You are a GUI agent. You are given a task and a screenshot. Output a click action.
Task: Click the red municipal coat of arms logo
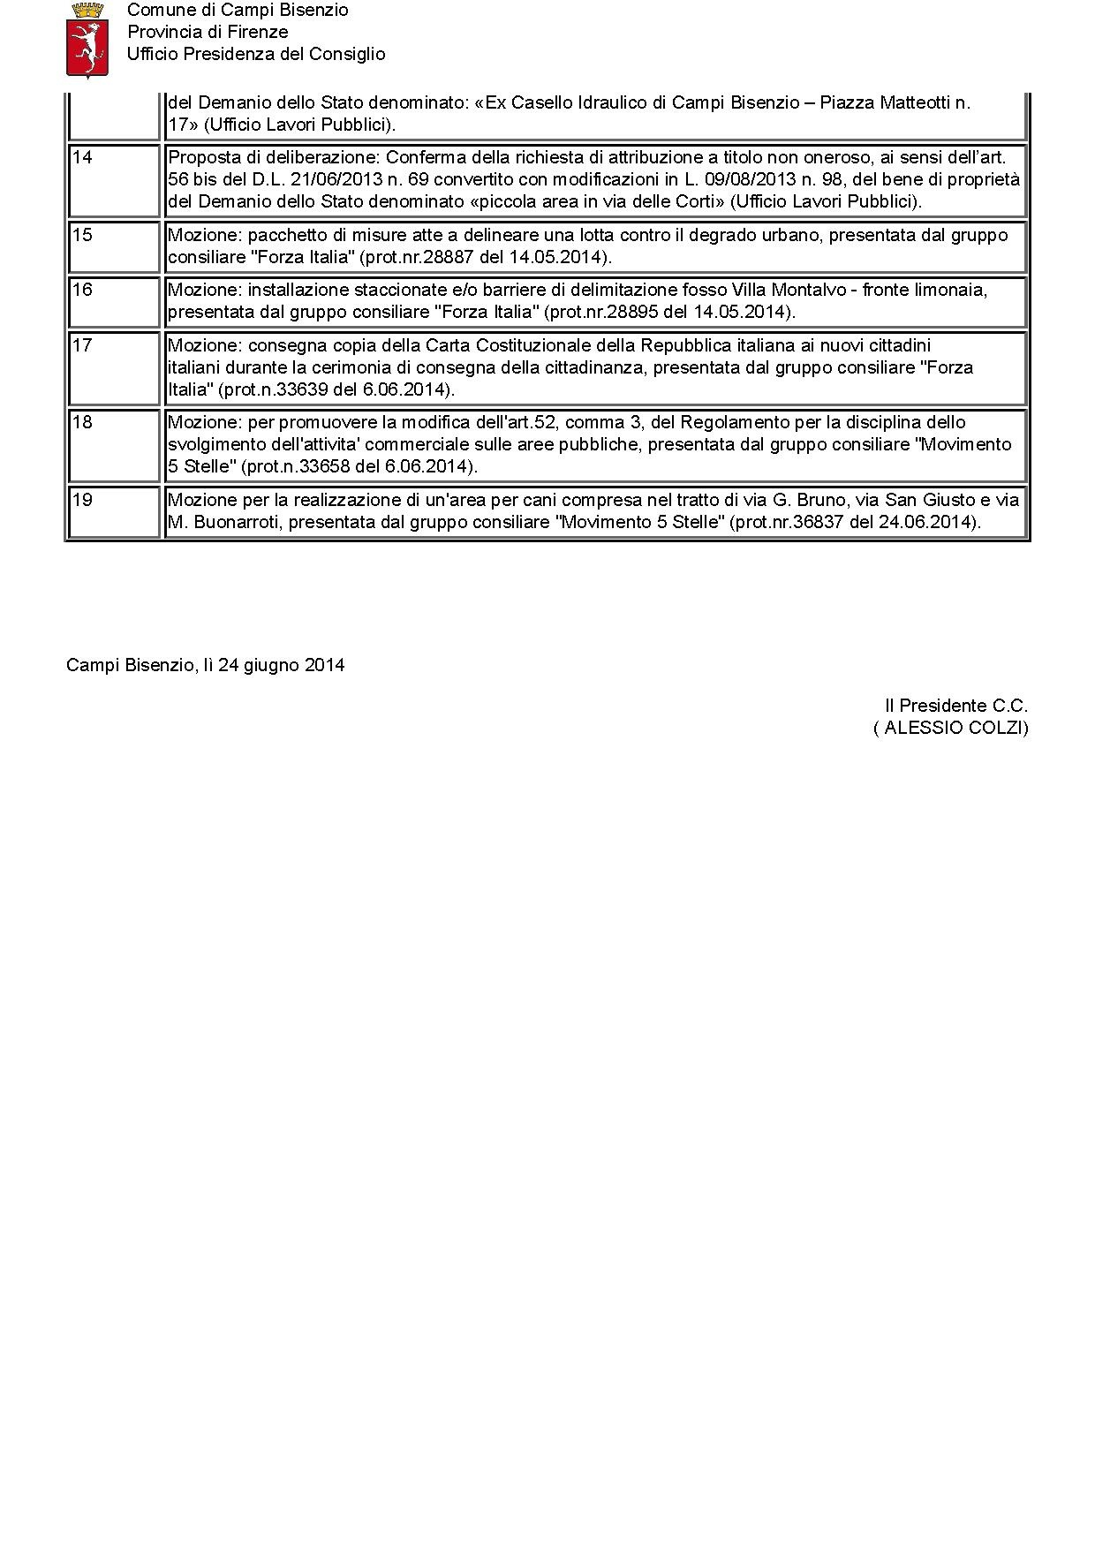[87, 40]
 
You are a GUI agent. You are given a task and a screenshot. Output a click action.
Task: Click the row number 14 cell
[113, 180]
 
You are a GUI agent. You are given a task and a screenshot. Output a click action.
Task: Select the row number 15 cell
[113, 246]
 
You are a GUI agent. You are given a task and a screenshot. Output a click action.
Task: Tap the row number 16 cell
[113, 302]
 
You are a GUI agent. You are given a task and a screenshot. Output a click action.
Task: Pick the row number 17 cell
[113, 367]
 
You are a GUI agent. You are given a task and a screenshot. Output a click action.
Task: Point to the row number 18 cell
[113, 444]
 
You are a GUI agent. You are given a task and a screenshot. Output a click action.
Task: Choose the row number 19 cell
[113, 511]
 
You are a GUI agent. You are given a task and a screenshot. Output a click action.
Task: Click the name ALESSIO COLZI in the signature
[953, 728]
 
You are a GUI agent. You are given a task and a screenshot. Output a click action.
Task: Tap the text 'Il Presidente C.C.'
[956, 706]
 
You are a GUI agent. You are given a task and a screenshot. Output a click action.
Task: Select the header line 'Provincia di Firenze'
[208, 32]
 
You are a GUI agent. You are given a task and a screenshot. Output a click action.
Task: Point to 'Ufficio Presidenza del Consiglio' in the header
[256, 54]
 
